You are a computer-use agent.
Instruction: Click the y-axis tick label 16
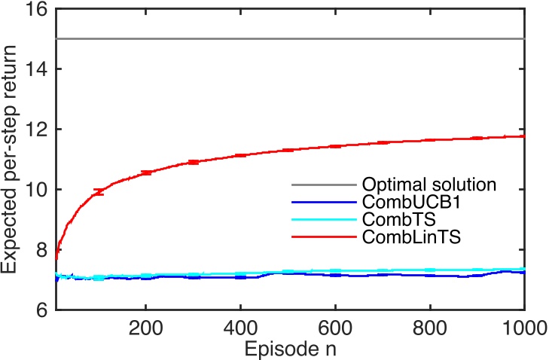point(36,10)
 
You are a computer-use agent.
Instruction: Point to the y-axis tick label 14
point(36,69)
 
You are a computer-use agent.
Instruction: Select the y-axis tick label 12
point(36,130)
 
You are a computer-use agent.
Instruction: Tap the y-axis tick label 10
point(36,190)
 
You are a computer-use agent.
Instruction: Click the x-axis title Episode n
point(289,348)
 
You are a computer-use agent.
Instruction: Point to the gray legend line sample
point(322,185)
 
